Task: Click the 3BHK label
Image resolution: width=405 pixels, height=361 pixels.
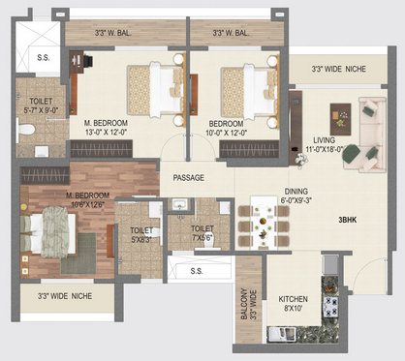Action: coord(348,220)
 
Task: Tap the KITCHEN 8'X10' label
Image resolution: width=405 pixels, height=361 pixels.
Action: coord(294,304)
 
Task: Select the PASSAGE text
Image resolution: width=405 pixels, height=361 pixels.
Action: coord(189,178)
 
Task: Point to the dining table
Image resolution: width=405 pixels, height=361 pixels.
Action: coord(264,223)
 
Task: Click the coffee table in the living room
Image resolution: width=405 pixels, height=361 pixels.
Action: coord(340,119)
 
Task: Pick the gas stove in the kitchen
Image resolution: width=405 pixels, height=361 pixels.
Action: coord(330,307)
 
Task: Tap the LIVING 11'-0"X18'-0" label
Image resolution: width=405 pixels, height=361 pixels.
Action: coord(325,144)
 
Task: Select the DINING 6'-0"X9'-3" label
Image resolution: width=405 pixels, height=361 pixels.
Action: coord(296,196)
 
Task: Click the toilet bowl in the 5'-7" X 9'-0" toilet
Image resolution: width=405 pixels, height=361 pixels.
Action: coord(26,130)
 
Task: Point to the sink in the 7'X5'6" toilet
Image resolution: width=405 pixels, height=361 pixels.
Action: coord(180,204)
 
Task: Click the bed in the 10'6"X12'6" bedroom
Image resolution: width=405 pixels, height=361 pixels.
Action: coord(48,232)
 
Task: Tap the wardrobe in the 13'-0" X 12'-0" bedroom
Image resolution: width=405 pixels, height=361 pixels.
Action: coord(97,149)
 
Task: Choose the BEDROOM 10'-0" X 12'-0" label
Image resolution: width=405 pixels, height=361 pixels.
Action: coord(226,128)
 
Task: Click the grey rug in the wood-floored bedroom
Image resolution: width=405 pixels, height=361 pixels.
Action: coord(78,254)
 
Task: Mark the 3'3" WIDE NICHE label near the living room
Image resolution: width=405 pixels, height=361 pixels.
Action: coord(338,69)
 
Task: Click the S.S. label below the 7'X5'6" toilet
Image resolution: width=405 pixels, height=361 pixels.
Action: coord(197,271)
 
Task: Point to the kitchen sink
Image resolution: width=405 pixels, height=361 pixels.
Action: coord(282,334)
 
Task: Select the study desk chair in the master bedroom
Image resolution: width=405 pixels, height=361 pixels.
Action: coord(88,61)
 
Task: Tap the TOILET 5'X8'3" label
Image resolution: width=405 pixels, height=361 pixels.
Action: coord(141,235)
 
